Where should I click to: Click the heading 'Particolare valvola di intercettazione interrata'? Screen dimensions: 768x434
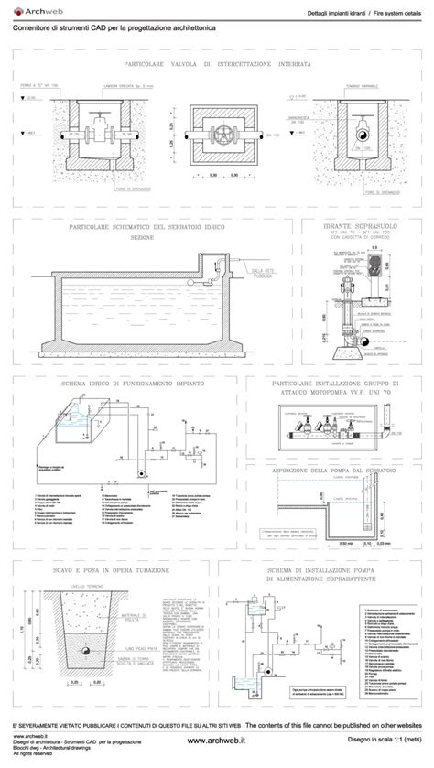pyautogui.click(x=216, y=66)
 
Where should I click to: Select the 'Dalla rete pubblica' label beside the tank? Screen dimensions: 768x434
pyautogui.click(x=265, y=273)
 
